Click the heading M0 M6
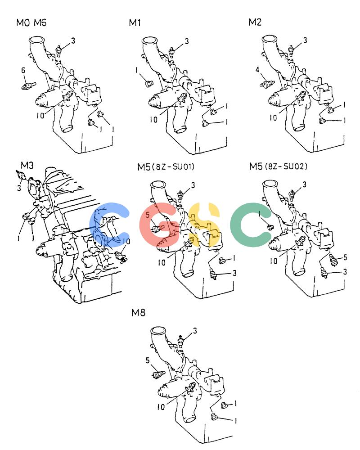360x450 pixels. tap(31, 22)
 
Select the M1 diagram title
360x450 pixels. tap(135, 22)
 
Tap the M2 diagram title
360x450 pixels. tap(255, 22)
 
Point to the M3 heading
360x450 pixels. tap(27, 165)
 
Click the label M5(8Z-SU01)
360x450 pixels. tap(166, 166)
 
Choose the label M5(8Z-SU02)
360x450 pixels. tap(278, 166)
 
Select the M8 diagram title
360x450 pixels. tap(138, 312)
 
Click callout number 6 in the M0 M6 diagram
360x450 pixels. tap(23, 70)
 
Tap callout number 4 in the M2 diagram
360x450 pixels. tap(257, 69)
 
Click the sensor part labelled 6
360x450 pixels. tap(28, 85)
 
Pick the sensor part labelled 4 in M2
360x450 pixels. tap(267, 84)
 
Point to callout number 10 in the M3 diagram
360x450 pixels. tap(126, 242)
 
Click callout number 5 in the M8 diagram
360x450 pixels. tap(148, 360)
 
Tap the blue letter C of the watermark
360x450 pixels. tap(109, 225)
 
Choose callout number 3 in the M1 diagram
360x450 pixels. tap(187, 41)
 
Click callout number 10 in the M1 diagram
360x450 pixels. tap(153, 119)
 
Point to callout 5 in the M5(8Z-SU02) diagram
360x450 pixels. tap(345, 257)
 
